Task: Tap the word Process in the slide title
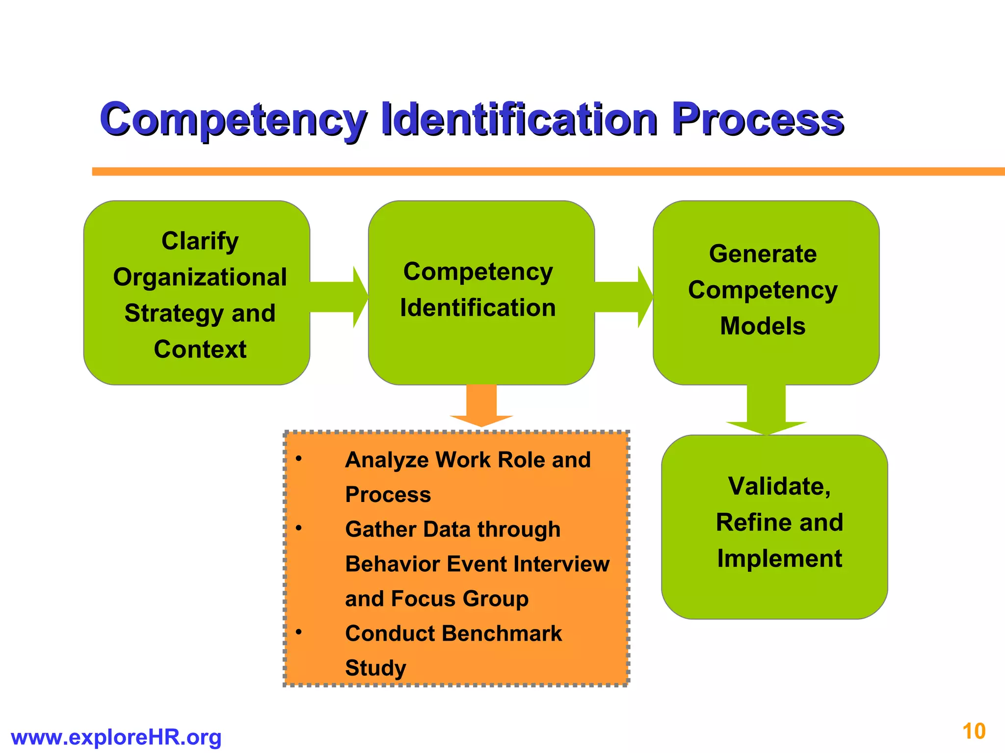[758, 119]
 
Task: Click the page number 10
[974, 731]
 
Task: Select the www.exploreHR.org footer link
[116, 737]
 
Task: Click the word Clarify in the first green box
[200, 241]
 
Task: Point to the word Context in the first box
[200, 349]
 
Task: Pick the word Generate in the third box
[763, 254]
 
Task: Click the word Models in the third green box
[763, 326]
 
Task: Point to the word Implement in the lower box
[779, 558]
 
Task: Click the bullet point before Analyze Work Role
[298, 459]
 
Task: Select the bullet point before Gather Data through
[298, 528]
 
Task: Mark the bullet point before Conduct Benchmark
[298, 632]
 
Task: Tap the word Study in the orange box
[376, 668]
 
